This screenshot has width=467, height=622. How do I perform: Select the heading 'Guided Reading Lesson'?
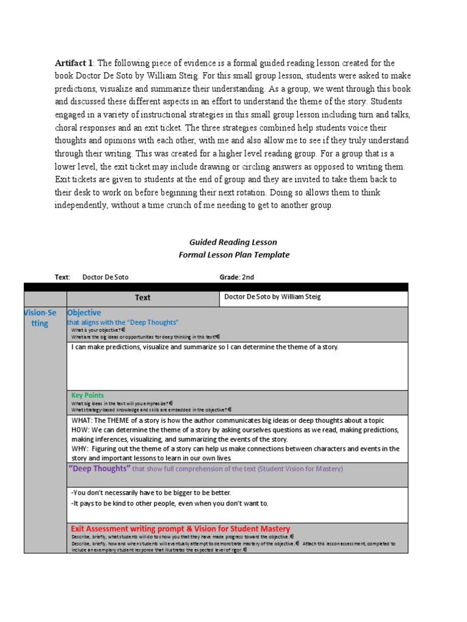[233, 242]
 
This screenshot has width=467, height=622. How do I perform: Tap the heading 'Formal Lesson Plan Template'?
[233, 255]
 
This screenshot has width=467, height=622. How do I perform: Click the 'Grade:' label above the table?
[230, 277]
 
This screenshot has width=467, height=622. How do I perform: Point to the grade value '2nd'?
[248, 277]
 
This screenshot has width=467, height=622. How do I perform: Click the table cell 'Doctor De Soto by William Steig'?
[272, 297]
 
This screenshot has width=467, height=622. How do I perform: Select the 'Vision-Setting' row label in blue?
[40, 318]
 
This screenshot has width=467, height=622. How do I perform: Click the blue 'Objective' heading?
[85, 312]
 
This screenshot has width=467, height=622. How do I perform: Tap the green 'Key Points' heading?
[88, 395]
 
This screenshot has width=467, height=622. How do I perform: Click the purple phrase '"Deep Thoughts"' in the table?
[100, 468]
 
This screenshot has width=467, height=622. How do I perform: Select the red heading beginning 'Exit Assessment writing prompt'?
[181, 528]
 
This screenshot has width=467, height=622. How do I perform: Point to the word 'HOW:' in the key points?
[80, 429]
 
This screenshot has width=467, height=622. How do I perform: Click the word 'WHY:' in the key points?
[80, 448]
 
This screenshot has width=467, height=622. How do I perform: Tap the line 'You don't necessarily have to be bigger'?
[151, 493]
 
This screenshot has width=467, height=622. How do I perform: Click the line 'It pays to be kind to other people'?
[169, 503]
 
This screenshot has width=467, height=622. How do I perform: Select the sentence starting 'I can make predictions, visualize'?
[204, 347]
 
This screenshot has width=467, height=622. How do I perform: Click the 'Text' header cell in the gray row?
[142, 298]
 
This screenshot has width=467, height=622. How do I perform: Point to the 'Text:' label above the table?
[63, 277]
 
